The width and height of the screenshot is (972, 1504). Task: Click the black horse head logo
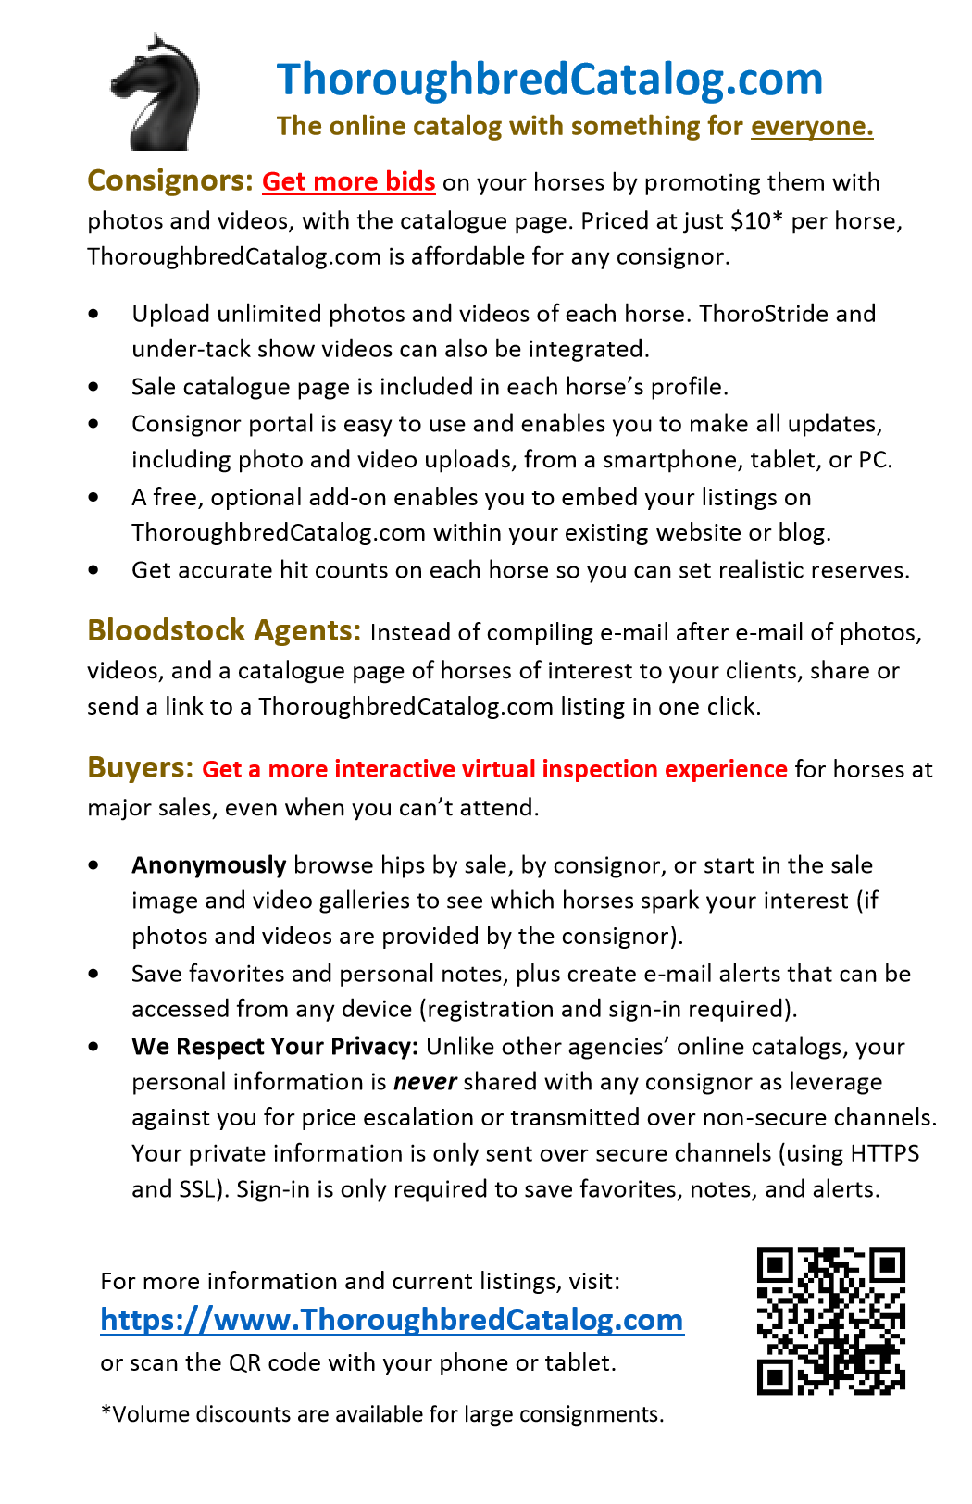156,93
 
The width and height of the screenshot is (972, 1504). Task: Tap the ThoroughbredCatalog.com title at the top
549,80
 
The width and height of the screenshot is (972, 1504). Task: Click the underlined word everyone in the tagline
811,126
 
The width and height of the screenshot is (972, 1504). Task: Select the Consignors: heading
169,180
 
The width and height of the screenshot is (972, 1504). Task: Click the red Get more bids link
348,181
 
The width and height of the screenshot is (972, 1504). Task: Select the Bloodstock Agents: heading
224,631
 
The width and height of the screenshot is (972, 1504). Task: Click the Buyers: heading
141,768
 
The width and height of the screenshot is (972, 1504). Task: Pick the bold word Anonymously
208,865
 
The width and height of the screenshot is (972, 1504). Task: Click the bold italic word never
425,1082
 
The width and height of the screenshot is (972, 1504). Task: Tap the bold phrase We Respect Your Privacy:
275,1047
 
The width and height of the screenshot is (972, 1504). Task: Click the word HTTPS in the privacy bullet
884,1153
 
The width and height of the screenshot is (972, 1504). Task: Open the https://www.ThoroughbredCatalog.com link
392,1320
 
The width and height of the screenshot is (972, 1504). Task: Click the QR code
830,1321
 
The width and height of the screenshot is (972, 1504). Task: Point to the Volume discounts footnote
382,1414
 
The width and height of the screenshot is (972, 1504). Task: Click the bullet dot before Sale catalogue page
93,387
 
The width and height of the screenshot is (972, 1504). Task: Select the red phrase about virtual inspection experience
494,769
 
